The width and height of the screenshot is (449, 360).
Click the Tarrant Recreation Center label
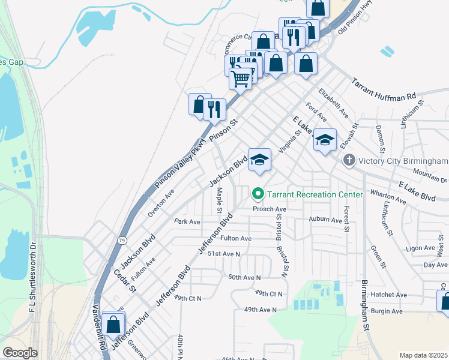(315, 194)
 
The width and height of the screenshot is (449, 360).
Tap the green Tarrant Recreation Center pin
(258, 194)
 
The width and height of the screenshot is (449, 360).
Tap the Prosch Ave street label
(270, 209)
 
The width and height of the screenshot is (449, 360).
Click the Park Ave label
(187, 221)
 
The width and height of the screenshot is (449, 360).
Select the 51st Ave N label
(223, 254)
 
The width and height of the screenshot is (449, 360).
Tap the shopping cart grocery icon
(241, 78)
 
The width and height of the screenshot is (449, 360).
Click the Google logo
(20, 353)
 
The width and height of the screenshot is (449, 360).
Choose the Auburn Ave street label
(325, 220)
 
